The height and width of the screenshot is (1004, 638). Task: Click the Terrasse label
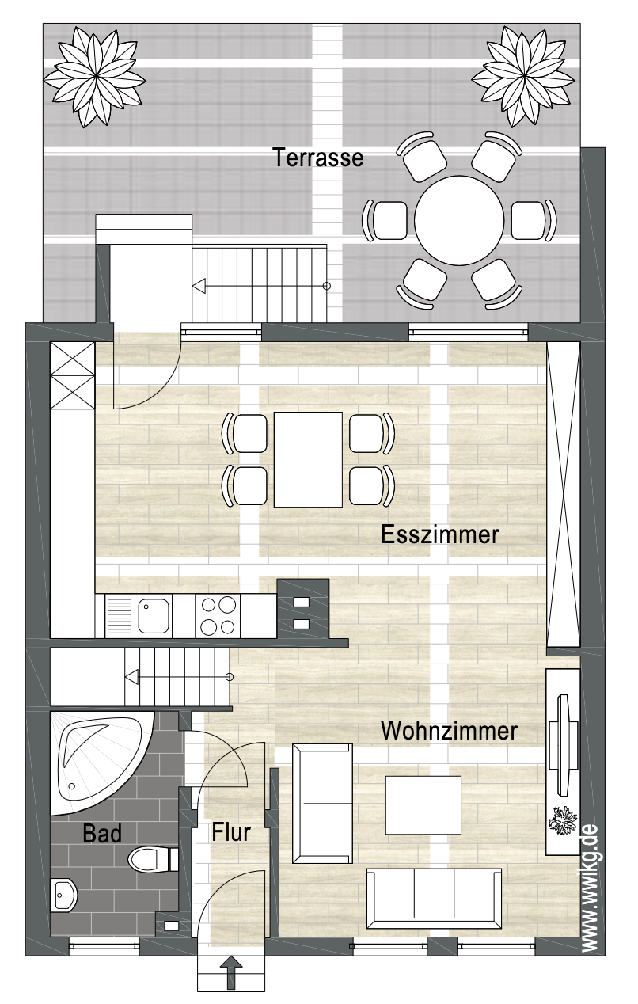pos(318,158)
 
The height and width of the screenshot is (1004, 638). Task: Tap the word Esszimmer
pos(439,534)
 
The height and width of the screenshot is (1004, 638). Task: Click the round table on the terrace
pos(459,219)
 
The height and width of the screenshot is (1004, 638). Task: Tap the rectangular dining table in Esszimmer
pos(308,460)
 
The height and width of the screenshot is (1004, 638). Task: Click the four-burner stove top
pos(218,616)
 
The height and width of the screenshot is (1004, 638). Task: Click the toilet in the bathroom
pos(152,858)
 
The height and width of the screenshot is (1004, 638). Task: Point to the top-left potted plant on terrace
pos(94,77)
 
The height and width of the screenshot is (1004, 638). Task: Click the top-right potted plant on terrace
pos(523,77)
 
